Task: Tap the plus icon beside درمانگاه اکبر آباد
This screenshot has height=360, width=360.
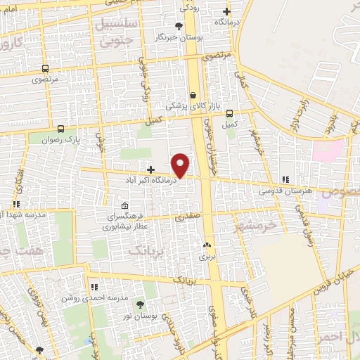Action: [x=150, y=169]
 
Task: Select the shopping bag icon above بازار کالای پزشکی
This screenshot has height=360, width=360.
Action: [x=193, y=96]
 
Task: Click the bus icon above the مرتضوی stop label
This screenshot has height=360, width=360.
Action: [x=46, y=69]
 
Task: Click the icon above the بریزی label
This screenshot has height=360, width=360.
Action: [x=207, y=246]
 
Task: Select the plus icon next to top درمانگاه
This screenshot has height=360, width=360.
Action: [x=226, y=11]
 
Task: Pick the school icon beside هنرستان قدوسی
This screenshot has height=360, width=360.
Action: [x=285, y=180]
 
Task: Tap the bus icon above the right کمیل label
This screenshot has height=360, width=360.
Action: [x=229, y=114]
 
